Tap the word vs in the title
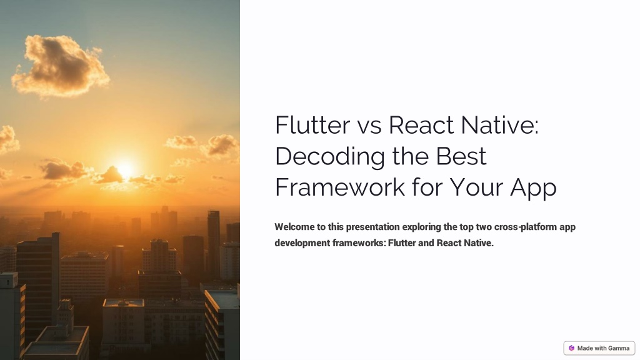369,125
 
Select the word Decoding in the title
329,156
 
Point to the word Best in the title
462,156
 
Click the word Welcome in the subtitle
295,227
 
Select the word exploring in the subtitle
421,227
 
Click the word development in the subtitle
302,242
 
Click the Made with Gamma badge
599,348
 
